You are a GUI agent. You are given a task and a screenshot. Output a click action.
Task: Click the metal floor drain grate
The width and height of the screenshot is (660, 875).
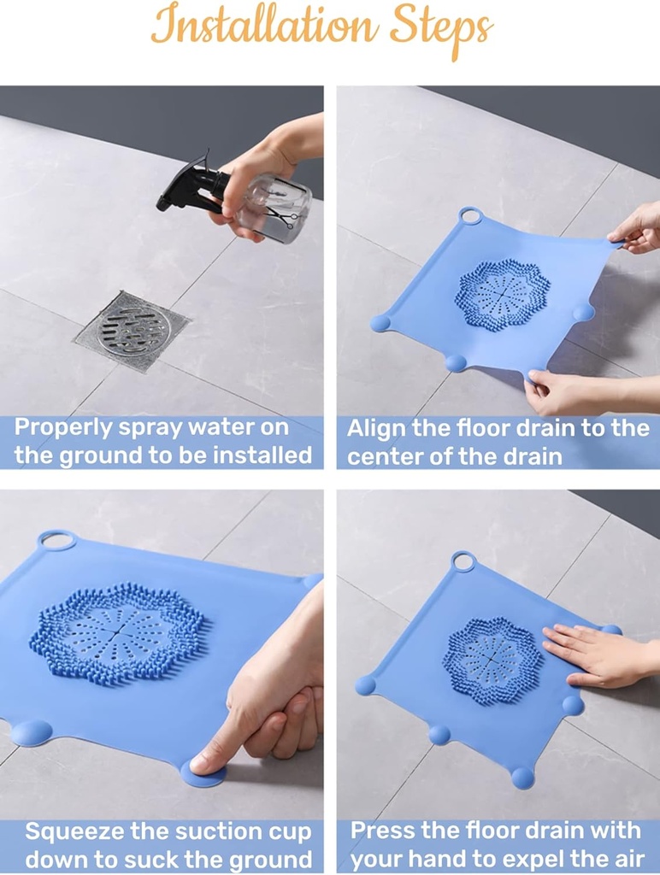[133, 330]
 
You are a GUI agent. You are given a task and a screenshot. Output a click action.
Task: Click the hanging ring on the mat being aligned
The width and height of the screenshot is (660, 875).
[470, 215]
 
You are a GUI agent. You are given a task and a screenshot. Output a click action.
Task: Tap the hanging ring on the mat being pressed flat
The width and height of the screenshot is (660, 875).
[463, 561]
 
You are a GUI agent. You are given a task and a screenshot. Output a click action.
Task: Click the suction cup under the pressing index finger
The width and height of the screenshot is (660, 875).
[203, 772]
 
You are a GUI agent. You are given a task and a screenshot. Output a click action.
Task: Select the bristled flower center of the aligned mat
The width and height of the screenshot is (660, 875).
[502, 295]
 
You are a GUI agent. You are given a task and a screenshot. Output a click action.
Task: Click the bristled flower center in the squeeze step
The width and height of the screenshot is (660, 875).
[118, 632]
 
